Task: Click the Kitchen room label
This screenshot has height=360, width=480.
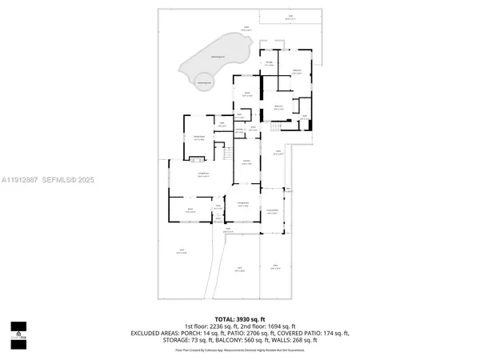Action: tap(247, 162)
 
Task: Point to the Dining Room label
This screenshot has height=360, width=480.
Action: tap(242, 206)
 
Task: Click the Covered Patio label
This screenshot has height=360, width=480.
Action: tap(272, 211)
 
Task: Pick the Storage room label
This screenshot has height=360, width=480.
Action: tap(270, 62)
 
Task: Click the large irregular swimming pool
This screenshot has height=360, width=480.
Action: tap(214, 53)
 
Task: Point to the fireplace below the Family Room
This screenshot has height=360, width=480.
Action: tap(199, 156)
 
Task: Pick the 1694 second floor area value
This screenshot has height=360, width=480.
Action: tap(270, 326)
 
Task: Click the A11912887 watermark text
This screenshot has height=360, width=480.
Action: tap(21, 180)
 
